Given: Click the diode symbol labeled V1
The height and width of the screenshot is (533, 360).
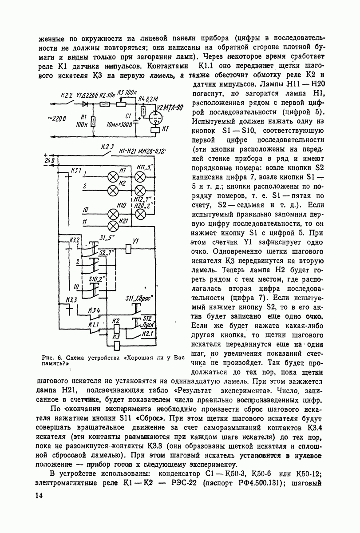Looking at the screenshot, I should [85, 104].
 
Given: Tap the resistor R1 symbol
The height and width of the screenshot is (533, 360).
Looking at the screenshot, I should [93, 121].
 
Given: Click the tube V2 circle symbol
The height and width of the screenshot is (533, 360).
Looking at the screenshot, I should [155, 118].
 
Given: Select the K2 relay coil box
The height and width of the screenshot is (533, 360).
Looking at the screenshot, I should [116, 328].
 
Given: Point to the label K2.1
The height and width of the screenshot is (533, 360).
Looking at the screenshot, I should [147, 333].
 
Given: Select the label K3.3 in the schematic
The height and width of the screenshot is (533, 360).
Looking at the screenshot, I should [71, 300].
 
